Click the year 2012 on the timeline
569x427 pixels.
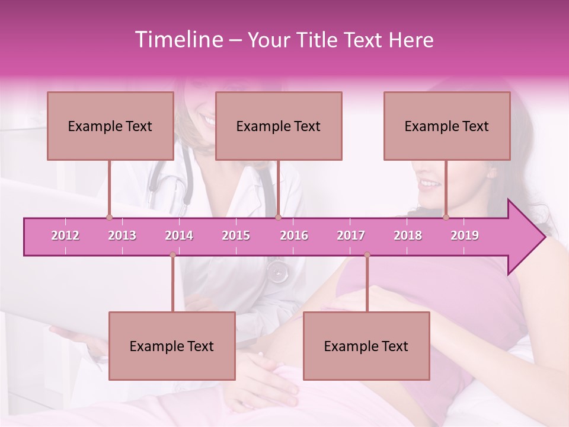[65, 235]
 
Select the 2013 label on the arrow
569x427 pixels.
[122, 235]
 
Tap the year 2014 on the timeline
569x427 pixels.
[179, 235]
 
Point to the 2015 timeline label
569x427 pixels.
[236, 235]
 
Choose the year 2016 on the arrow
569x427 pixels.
[294, 235]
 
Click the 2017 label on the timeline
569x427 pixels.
[351, 235]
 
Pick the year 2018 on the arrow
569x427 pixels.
[408, 235]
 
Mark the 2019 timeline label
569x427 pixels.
[465, 235]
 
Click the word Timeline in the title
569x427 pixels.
[178, 40]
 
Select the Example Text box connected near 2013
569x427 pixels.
[110, 126]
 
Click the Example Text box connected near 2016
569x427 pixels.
[279, 126]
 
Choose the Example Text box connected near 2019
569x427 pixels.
[447, 126]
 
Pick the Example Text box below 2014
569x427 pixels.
[172, 346]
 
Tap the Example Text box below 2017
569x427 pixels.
[366, 346]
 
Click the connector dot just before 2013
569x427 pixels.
[109, 218]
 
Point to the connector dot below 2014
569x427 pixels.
[172, 255]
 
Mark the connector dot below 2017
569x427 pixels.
[367, 255]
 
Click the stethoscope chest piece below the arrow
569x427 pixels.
[277, 272]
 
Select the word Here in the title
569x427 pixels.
[411, 40]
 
